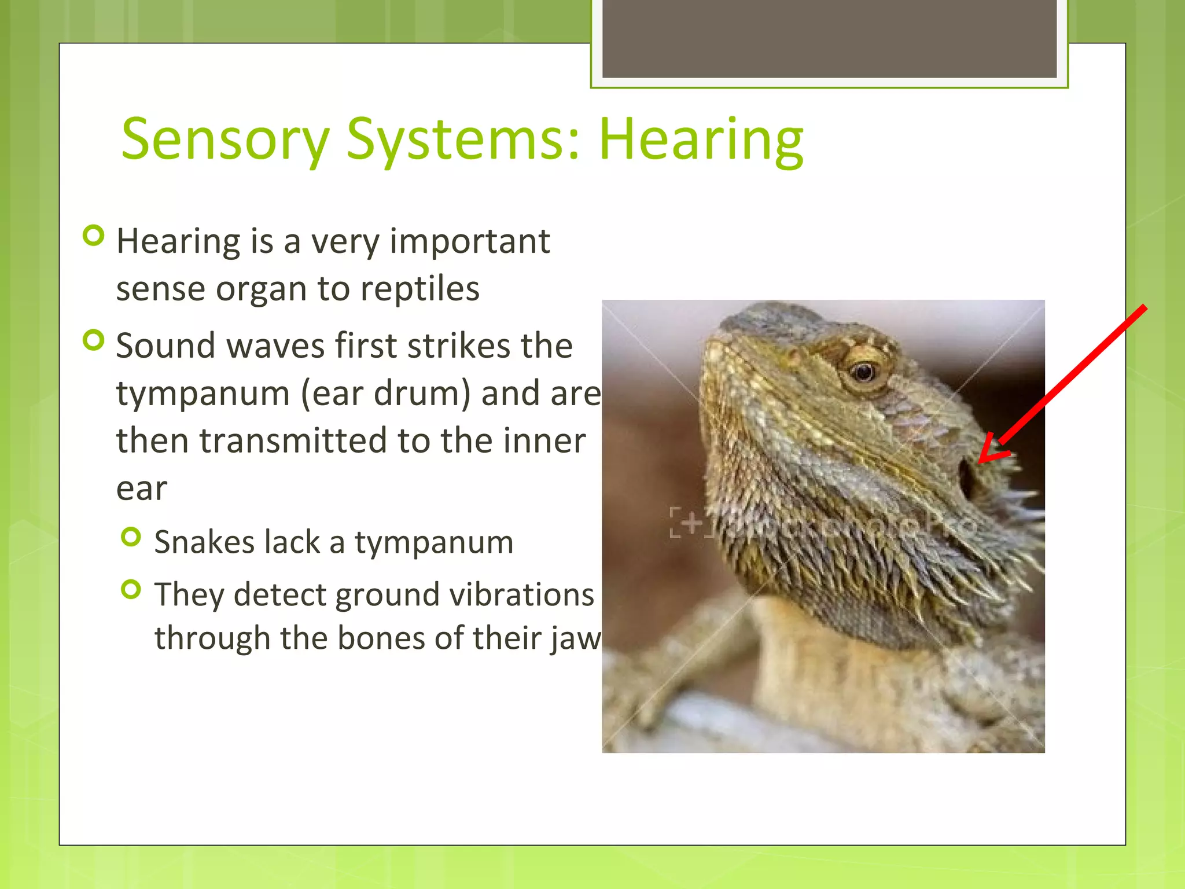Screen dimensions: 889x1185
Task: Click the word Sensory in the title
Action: point(225,140)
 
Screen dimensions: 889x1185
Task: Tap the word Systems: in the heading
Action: point(463,140)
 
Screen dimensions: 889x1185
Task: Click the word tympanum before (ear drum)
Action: point(203,394)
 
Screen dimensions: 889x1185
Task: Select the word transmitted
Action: point(293,441)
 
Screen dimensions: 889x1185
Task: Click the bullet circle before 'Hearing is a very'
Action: point(93,236)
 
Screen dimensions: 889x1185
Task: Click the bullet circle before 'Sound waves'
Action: point(93,340)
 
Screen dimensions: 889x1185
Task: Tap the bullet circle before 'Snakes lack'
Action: point(131,537)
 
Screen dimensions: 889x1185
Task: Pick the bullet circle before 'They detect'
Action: point(131,590)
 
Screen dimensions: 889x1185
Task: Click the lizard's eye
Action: point(864,372)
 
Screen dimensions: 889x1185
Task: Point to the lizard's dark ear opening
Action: point(965,479)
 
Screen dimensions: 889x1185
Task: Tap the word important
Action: point(469,242)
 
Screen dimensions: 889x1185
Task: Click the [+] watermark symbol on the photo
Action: point(691,523)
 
